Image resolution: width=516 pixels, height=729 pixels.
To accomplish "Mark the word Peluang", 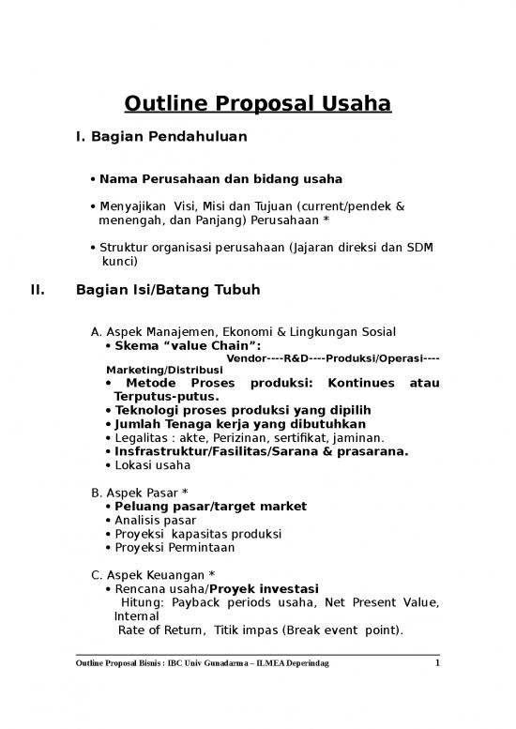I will tap(143, 506).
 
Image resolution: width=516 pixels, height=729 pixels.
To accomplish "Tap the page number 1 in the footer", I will tap(436, 665).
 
